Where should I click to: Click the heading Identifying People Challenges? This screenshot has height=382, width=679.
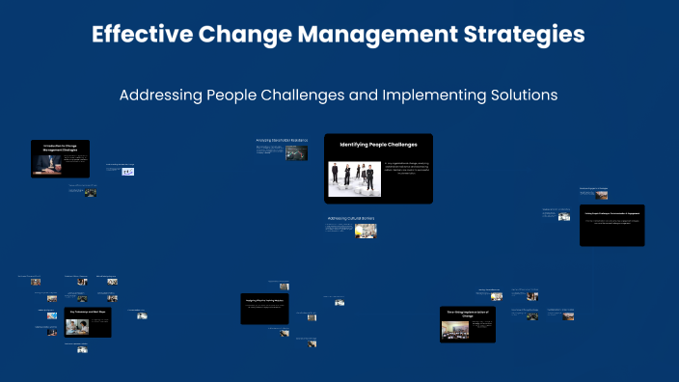378,145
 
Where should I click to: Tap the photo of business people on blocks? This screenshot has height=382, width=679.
354,178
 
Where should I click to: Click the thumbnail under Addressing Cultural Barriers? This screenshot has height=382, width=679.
365,231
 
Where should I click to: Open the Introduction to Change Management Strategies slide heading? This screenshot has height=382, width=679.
60,147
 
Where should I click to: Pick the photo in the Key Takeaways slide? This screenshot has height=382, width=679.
74,326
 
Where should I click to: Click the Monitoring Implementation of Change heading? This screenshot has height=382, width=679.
467,313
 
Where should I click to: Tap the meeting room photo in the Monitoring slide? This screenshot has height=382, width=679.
453,329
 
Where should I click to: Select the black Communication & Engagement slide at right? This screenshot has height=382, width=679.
611,225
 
